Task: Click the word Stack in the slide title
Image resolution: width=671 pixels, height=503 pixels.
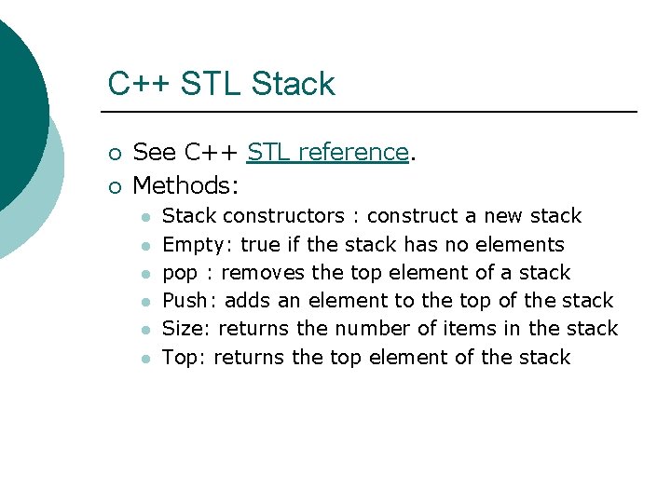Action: (x=293, y=84)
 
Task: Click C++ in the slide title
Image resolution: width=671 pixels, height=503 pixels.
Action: (x=139, y=84)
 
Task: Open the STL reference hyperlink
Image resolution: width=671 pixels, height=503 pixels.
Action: (x=328, y=152)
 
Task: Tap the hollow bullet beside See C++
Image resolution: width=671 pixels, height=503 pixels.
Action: (x=114, y=154)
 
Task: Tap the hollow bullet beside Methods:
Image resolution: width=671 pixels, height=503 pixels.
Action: (x=114, y=186)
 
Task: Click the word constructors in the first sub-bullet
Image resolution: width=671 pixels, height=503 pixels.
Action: (x=284, y=216)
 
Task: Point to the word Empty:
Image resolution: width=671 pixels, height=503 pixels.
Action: (x=198, y=245)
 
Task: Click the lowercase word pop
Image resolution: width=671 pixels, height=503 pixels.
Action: (x=179, y=274)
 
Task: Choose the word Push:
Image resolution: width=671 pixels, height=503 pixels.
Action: (x=190, y=300)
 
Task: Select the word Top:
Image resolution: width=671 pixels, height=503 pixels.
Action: (x=185, y=358)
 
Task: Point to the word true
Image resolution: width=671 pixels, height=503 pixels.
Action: (x=260, y=245)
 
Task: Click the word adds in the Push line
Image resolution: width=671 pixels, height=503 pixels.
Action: (x=249, y=301)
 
